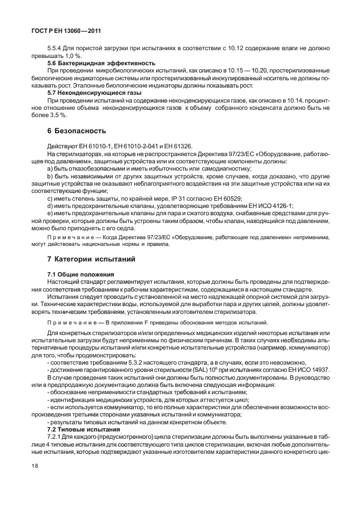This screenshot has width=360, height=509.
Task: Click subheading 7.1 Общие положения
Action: click(81, 274)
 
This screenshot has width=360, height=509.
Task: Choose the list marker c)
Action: click(50, 198)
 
